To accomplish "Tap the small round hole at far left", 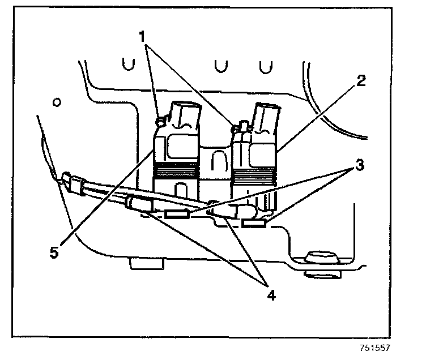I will point(56,102).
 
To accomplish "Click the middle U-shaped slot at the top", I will point(218,65).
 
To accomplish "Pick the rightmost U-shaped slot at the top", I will point(262,66).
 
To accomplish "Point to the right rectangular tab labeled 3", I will point(253,224).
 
